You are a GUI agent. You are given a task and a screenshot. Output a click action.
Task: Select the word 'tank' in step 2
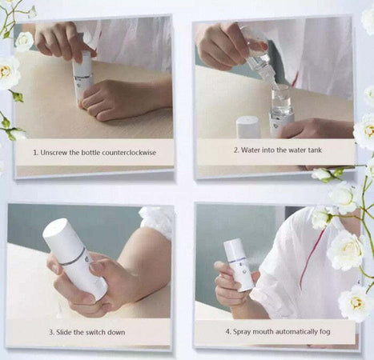click(315, 150)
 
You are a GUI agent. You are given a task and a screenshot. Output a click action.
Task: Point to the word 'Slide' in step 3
click(64, 332)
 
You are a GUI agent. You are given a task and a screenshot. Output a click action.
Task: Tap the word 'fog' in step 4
click(325, 332)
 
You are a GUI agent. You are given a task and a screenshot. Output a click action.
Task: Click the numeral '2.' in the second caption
click(236, 150)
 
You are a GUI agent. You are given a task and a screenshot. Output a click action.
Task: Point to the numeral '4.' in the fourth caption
click(228, 332)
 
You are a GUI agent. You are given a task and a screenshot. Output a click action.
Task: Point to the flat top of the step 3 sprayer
click(54, 227)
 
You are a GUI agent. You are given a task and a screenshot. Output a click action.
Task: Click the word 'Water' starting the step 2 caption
click(251, 150)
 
